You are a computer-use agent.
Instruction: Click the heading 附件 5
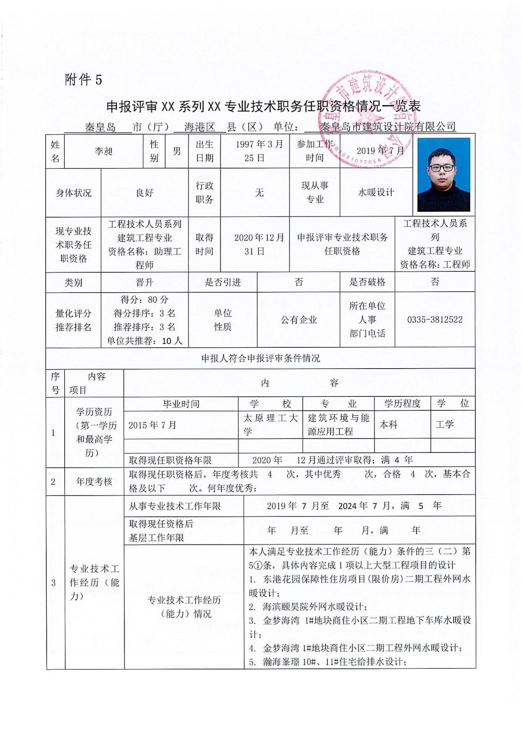83,80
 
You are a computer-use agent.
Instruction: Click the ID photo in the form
443,174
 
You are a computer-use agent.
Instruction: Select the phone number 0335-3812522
435,320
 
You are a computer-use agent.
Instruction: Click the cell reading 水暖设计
376,192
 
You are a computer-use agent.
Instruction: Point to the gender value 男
176,151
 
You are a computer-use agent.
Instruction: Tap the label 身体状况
73,193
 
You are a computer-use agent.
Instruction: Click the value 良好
145,193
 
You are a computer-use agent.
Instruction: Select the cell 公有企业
299,320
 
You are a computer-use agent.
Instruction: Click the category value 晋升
145,282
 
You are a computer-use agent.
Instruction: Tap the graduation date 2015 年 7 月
152,425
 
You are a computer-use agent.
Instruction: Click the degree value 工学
444,425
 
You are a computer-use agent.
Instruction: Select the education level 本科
388,425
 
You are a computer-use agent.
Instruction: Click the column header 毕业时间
181,404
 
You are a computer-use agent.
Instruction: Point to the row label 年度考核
94,481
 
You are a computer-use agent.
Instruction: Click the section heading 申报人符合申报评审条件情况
261,358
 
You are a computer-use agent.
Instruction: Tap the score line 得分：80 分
145,300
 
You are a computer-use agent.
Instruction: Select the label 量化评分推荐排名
73,320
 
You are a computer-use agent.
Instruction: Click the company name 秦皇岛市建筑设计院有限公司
388,127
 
